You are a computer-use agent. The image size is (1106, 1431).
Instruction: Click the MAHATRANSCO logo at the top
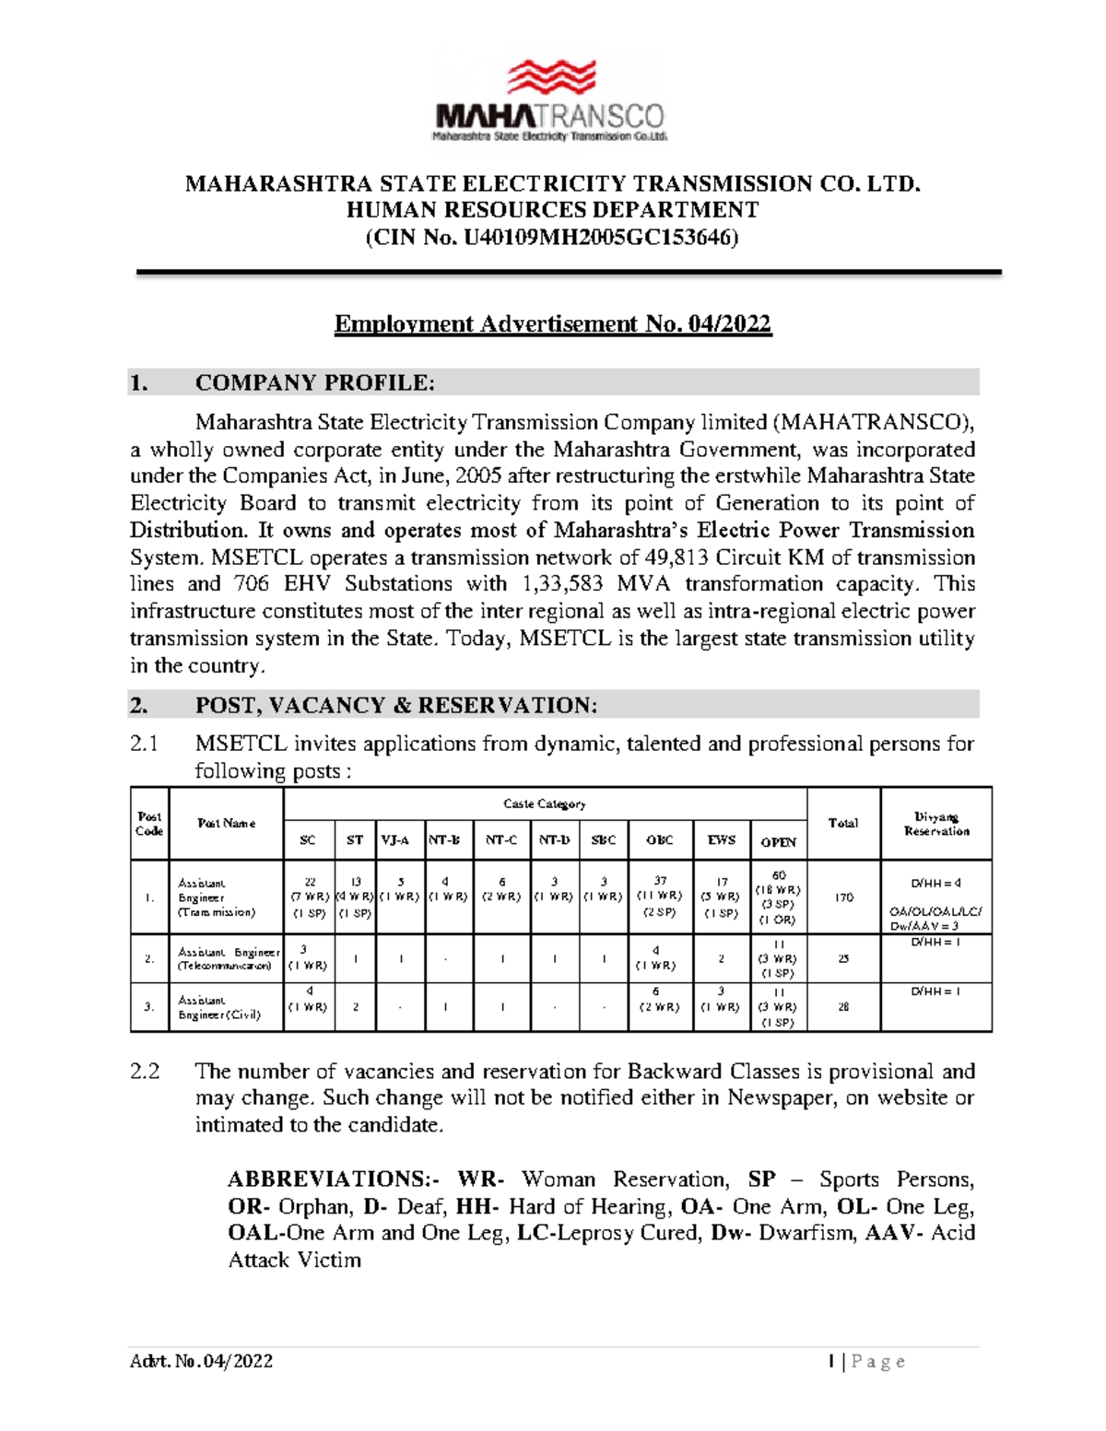tap(550, 100)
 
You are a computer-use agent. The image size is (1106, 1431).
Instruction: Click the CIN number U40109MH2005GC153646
tap(600, 238)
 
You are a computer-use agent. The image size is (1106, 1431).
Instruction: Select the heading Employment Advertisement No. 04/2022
tap(552, 324)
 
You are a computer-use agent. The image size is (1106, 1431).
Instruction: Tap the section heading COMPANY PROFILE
tap(313, 382)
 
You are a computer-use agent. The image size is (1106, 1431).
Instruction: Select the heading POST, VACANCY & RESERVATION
tap(395, 706)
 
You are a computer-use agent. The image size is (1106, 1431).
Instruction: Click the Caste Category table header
tap(544, 803)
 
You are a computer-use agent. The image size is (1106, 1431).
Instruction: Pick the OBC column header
tap(659, 840)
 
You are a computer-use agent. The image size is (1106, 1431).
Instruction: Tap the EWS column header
tap(721, 840)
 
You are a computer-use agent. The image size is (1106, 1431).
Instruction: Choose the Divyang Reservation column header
tap(935, 823)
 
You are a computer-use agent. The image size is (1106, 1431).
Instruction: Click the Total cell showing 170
tap(843, 897)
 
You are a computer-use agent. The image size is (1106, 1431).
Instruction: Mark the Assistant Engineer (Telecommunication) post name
tap(228, 959)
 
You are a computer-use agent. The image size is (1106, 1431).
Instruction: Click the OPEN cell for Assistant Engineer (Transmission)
tap(778, 897)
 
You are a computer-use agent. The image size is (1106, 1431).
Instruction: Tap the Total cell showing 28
tap(843, 1007)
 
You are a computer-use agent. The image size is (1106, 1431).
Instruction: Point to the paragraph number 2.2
tap(145, 1072)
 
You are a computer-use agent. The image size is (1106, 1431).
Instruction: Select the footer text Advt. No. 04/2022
tap(202, 1361)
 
